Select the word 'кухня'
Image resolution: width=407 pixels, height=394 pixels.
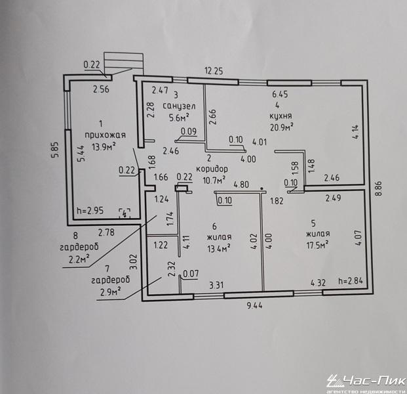coord(280,115)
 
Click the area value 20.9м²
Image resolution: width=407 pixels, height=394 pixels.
coord(281,126)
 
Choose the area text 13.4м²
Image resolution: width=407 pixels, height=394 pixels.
coord(220,248)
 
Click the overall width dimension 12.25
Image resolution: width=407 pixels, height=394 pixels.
coord(214,70)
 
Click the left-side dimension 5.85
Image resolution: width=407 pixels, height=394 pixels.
coord(57,154)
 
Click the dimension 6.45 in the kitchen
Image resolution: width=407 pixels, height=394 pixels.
coord(281,95)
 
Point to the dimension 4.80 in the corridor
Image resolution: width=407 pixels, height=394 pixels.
coord(242,185)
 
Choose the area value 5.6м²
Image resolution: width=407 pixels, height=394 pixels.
coord(178,118)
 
